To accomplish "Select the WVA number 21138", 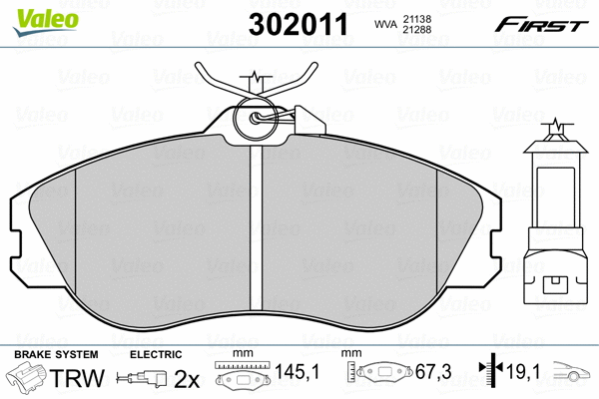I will click(419, 18).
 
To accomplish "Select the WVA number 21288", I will click(419, 32).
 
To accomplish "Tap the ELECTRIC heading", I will click(155, 354).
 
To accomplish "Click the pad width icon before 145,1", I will click(241, 377).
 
